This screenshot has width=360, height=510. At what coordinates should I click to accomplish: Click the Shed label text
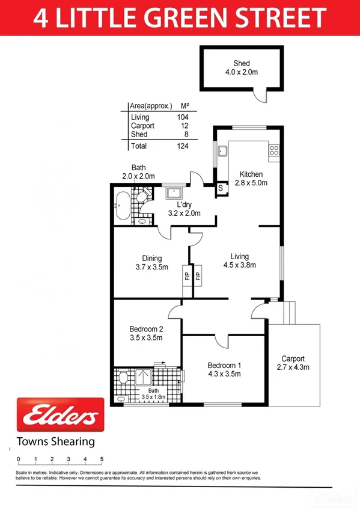[x=242, y=63]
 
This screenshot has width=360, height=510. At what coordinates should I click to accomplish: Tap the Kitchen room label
[x=250, y=174]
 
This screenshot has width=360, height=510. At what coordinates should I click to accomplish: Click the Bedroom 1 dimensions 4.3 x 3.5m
[x=224, y=373]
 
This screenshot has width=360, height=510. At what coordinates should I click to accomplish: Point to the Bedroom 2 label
[x=146, y=329]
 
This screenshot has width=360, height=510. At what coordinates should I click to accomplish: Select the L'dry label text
[x=185, y=204]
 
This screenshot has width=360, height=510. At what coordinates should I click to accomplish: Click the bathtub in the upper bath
[x=121, y=207]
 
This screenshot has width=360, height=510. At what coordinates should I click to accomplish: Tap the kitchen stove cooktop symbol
[x=274, y=150]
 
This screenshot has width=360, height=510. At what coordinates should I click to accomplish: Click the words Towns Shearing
[x=56, y=441]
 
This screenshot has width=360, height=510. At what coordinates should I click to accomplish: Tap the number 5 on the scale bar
[x=102, y=459]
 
